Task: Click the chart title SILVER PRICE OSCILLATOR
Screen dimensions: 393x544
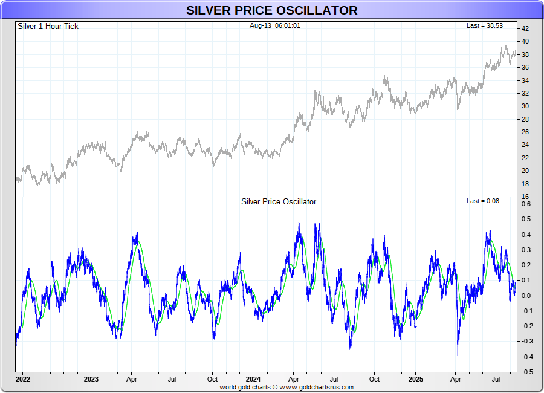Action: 271,10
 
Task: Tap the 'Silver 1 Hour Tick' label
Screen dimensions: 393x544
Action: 48,27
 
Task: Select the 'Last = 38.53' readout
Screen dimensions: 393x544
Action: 484,26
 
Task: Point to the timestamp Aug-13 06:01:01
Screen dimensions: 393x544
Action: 275,26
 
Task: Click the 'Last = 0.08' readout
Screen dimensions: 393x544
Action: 483,201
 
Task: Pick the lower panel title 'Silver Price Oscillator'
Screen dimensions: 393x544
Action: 278,201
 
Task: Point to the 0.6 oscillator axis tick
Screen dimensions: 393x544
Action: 526,204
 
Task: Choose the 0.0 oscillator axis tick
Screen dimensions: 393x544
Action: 526,296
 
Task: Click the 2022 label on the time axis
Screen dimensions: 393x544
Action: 23,380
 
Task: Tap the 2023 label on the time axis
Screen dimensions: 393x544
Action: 91,380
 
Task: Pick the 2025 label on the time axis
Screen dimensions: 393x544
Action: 416,380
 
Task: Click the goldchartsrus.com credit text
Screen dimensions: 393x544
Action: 287,387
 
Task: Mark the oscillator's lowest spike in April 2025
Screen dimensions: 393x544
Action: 458,355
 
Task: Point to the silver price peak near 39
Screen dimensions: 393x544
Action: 506,46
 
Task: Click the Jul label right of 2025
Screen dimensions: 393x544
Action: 497,380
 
